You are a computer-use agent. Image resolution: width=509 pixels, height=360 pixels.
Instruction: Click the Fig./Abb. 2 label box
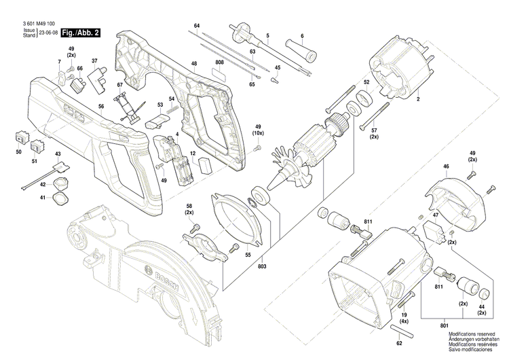click(x=80, y=33)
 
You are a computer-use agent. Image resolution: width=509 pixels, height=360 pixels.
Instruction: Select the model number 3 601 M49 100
click(x=39, y=24)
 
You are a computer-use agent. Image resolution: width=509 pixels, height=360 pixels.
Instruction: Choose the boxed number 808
click(x=219, y=63)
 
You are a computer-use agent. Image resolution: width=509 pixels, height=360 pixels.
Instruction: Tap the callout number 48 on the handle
click(x=194, y=64)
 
